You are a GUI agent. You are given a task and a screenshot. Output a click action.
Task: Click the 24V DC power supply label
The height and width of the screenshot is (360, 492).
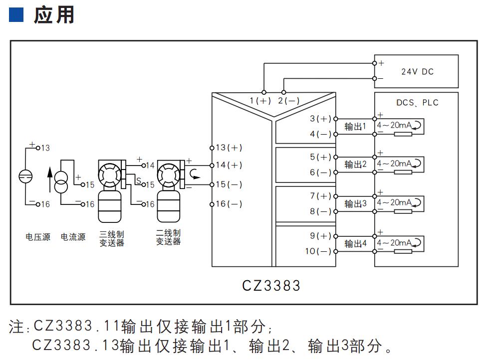(417, 72)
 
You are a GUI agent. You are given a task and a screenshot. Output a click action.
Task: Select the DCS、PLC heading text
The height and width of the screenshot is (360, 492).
(417, 103)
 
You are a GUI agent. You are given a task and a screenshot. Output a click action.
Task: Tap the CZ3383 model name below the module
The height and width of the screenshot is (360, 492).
(271, 285)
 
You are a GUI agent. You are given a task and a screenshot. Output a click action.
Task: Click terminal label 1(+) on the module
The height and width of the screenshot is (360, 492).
(260, 101)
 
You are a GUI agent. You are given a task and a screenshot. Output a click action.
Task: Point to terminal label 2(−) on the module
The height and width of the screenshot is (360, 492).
(289, 101)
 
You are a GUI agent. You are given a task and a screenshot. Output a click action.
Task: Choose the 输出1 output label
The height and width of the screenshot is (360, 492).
(355, 127)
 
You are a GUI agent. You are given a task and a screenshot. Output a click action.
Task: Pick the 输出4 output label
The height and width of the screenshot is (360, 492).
(355, 244)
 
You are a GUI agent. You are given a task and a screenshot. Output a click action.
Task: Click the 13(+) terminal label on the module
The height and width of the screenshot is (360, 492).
(229, 148)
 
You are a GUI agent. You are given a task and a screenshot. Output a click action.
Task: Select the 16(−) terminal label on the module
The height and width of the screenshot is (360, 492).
(229, 204)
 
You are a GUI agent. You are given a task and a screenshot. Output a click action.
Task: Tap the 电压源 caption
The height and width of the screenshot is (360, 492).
(38, 237)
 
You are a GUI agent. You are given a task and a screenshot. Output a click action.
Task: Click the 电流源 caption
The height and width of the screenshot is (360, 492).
(73, 237)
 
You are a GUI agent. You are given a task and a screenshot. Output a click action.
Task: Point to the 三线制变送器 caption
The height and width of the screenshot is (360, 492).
(112, 238)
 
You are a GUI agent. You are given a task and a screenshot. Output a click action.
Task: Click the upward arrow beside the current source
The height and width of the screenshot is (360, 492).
(49, 180)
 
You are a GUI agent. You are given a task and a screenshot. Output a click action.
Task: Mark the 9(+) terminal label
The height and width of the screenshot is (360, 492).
(320, 236)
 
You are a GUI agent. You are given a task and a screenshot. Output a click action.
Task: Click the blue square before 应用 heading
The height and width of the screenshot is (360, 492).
(16, 15)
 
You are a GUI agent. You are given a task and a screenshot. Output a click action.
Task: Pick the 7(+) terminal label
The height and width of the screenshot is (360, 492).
(320, 196)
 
